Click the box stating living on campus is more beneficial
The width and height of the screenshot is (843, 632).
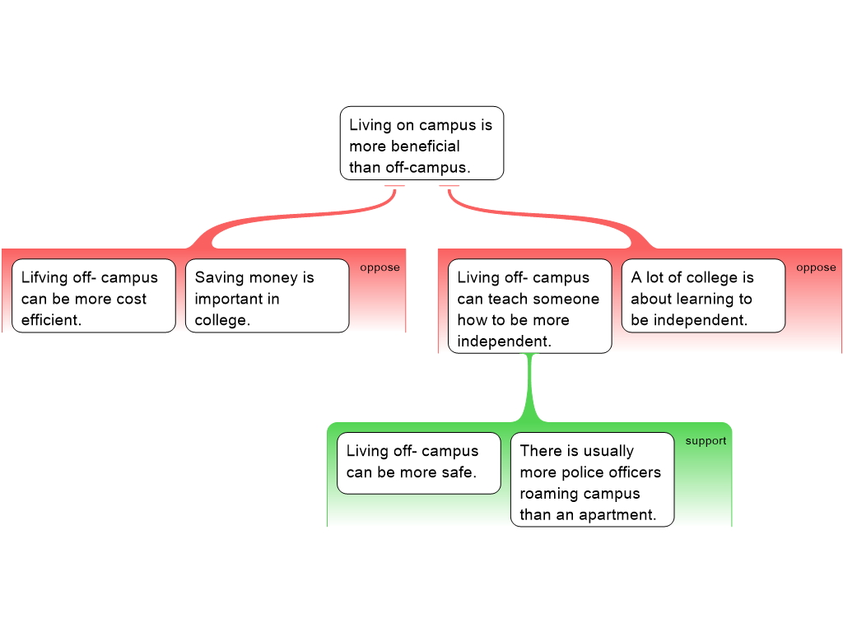click(421, 143)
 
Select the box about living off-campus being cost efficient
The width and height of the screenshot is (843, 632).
click(93, 296)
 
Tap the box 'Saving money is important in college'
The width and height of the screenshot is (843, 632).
click(267, 296)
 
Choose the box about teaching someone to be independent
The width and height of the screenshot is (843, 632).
click(529, 306)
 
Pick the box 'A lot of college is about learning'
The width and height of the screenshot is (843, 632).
click(702, 296)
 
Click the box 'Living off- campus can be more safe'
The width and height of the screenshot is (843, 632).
click(418, 462)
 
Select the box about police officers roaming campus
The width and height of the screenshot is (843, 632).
click(592, 481)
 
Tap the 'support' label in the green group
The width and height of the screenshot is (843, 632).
click(706, 441)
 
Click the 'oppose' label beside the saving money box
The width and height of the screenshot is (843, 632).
click(380, 267)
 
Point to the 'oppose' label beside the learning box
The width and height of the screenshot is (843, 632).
click(816, 267)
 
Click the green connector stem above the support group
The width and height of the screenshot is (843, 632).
click(530, 387)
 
